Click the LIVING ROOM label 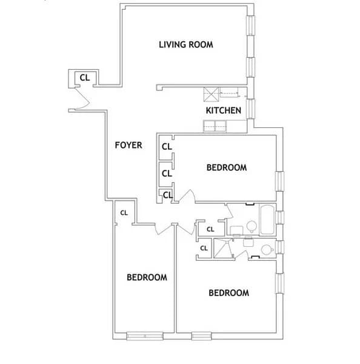[x=185, y=44]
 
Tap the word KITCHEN [x=224, y=110]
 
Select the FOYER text [x=128, y=145]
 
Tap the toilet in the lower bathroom [x=265, y=249]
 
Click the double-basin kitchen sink [x=215, y=126]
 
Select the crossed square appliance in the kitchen [x=211, y=94]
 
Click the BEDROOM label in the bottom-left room [x=147, y=277]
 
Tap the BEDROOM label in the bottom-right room [x=228, y=293]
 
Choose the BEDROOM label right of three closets [x=227, y=167]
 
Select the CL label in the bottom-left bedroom [x=124, y=212]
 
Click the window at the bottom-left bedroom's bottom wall [x=145, y=335]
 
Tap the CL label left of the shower [x=204, y=248]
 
